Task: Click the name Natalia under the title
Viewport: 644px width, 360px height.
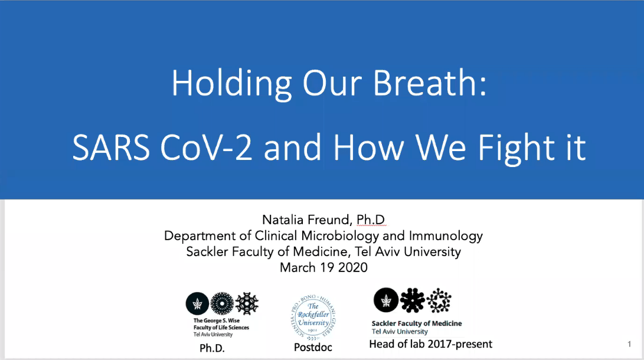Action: coord(283,220)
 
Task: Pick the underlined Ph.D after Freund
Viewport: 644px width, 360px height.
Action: coord(371,220)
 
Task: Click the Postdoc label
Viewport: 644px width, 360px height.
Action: coord(313,347)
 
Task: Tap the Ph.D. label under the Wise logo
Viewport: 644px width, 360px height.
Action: coord(212,348)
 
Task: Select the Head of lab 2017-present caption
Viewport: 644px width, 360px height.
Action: coord(430,344)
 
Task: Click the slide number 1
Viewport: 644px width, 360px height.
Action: coord(629,344)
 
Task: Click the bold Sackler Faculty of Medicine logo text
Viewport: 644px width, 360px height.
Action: coord(417,323)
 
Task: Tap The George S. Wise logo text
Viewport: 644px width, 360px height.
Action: coord(217,320)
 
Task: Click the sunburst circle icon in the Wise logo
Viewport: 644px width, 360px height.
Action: coord(222,304)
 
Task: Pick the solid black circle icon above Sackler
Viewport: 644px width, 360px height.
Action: coord(385,300)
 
